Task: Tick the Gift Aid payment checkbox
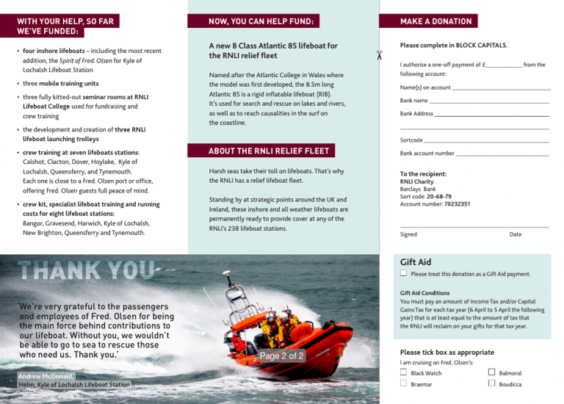pos(404,273)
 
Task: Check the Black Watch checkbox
pos(403,372)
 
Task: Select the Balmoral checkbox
pos(491,372)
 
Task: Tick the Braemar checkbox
pos(403,383)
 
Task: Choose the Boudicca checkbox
pos(491,383)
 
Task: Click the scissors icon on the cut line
pos(379,56)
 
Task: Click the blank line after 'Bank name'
pos(489,101)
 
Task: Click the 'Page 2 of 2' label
pos(282,356)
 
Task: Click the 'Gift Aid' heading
pos(416,261)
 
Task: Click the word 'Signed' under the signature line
pos(408,234)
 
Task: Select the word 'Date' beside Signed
pos(516,234)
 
